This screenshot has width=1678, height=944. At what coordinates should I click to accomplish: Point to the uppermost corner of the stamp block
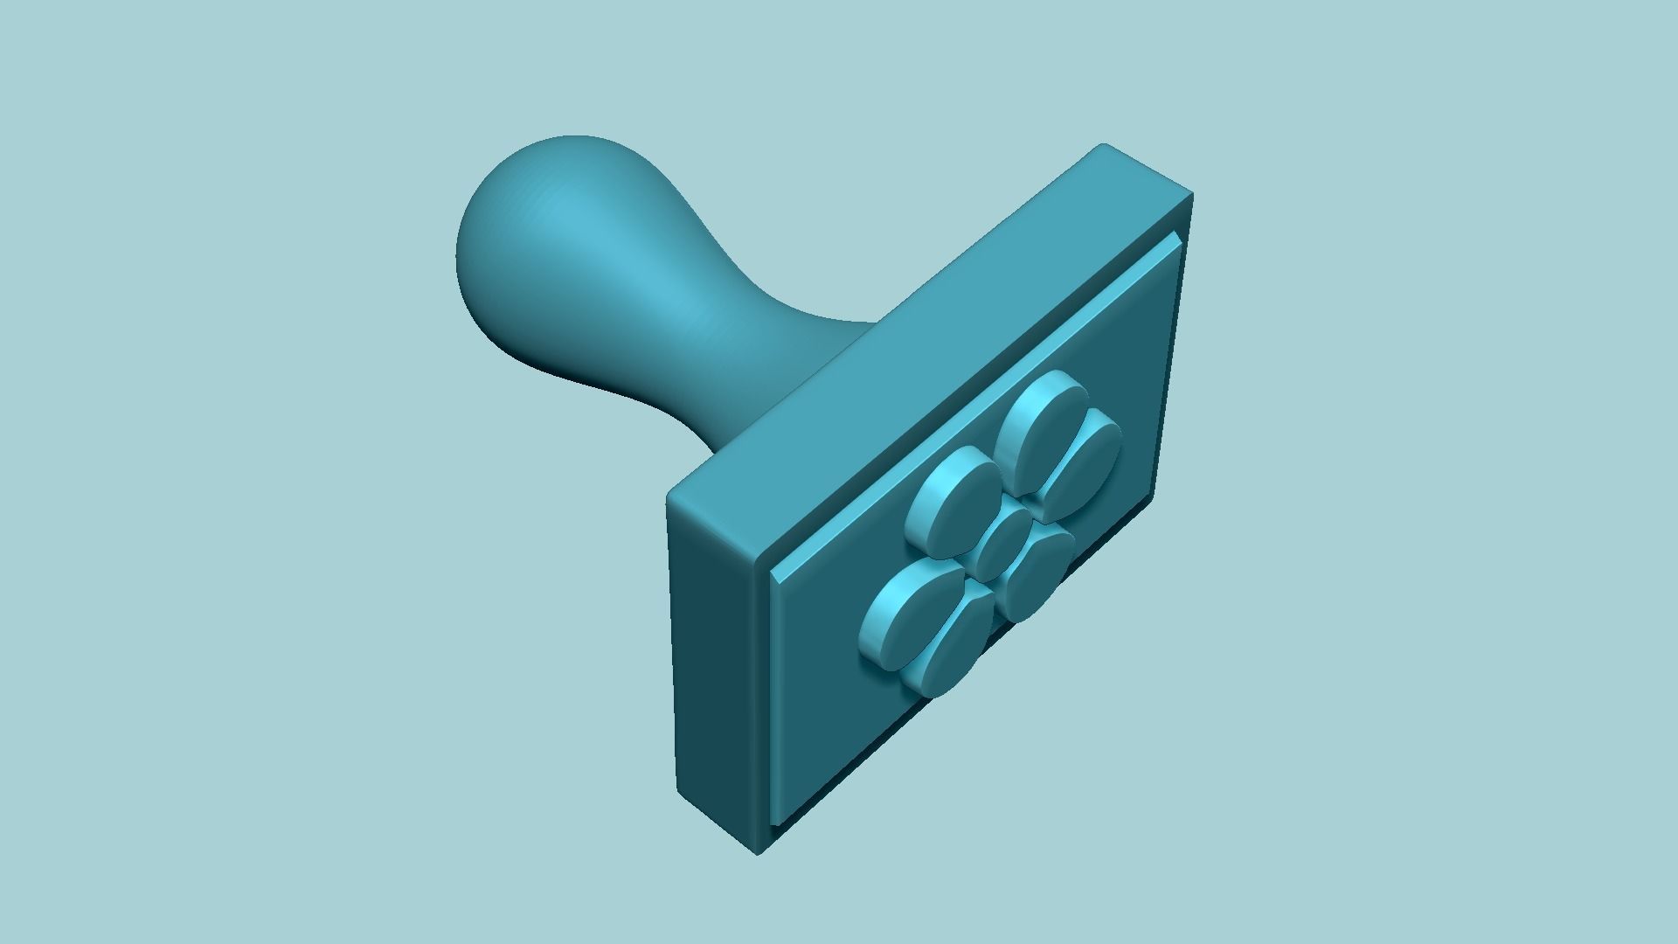click(x=1103, y=145)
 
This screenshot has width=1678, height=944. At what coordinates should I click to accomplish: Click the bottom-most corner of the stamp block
click(x=757, y=853)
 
